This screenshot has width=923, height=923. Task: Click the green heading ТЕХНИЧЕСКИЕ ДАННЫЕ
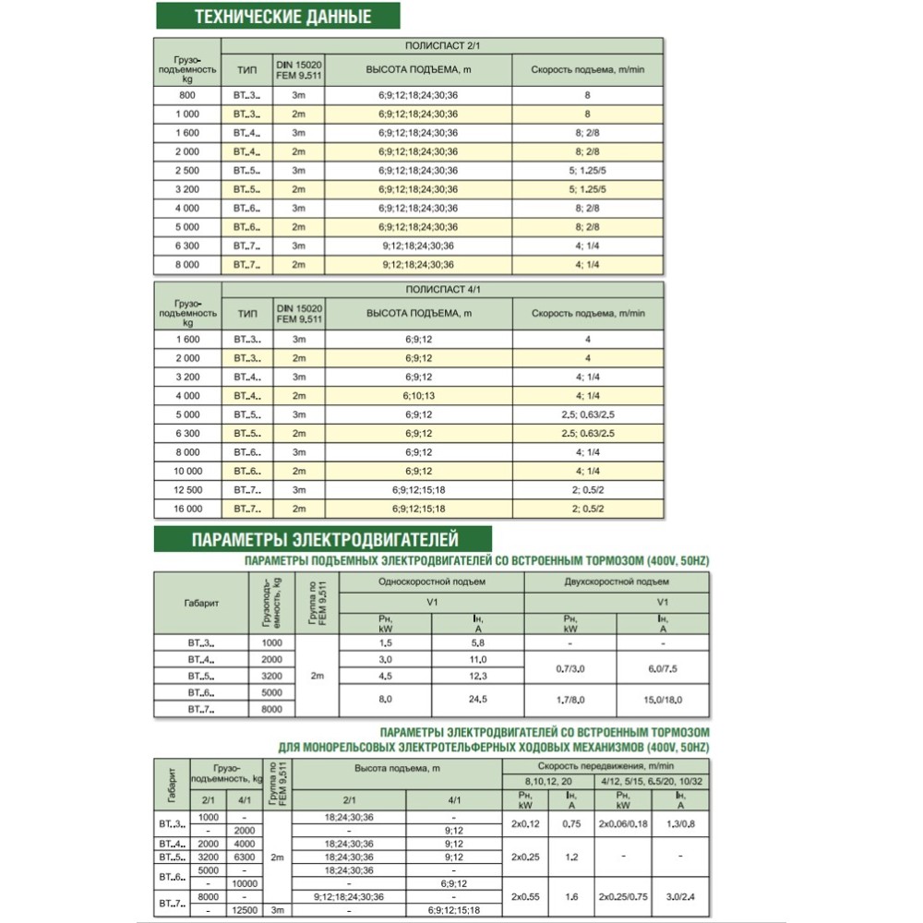coord(283,17)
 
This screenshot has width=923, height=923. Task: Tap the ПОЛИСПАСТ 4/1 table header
coord(443,290)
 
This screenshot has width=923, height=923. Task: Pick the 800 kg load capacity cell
coord(187,94)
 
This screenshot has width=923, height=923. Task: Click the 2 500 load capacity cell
coord(187,171)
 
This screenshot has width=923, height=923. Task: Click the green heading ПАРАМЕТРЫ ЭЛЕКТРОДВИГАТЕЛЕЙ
coord(323,540)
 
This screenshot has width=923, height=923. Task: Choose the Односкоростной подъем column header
coord(432,582)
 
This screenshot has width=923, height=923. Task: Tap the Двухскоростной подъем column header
coord(617,582)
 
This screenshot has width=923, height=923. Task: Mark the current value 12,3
coord(478,677)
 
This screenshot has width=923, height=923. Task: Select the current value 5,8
coord(478,641)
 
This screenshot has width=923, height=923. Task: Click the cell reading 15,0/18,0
coord(663,700)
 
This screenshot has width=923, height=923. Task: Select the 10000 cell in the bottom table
coord(243,883)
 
